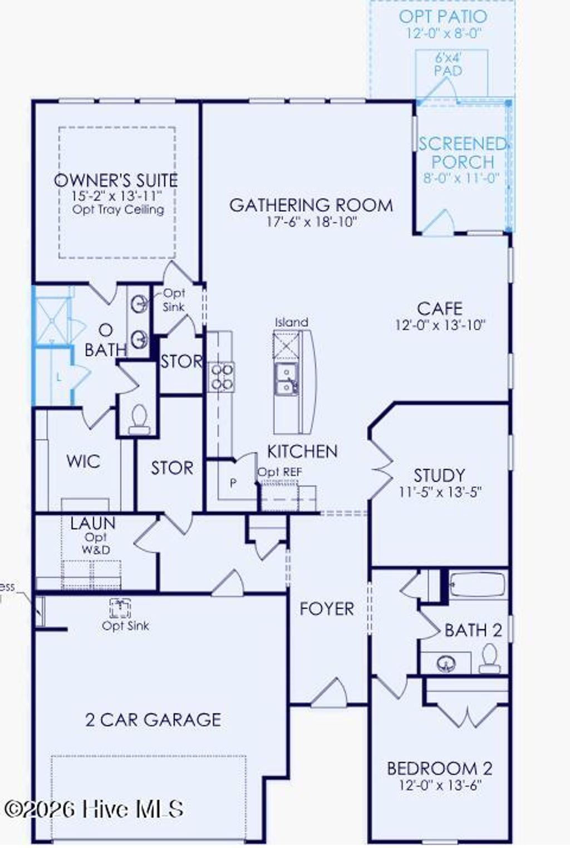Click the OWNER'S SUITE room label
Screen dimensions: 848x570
pos(116,180)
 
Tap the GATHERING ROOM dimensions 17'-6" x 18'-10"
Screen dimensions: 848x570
pos(311,222)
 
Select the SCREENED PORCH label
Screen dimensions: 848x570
pos(463,153)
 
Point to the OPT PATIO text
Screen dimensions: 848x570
pos(443,17)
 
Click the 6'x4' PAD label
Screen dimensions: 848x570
pos(448,65)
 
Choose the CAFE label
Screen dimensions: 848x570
pos(439,309)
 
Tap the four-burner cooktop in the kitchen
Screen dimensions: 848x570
pos(221,376)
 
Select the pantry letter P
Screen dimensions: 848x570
pos(233,483)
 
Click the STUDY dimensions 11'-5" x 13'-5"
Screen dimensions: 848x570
pos(440,492)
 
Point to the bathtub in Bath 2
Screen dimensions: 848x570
pos(478,585)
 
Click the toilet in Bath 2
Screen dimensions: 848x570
pos(490,658)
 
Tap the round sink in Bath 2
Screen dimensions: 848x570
pos(446,663)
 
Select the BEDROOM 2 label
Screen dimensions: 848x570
pos(439,768)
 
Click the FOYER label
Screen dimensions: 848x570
pos(327,609)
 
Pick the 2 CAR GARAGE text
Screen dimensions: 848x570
pos(153,720)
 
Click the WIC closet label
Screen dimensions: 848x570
pos(83,461)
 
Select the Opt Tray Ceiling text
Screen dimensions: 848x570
pos(118,210)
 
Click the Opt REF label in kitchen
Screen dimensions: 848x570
pos(279,472)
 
